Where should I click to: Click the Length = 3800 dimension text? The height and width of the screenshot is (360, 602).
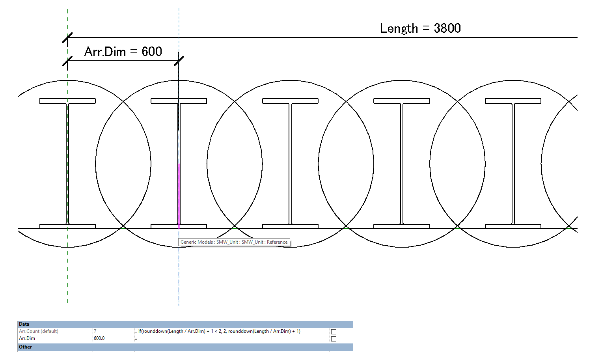pos(420,28)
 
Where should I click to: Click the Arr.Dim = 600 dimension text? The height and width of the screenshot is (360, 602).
pos(123,52)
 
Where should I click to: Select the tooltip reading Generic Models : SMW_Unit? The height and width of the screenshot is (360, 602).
pos(234,242)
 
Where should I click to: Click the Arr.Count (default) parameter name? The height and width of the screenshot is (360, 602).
pos(39,331)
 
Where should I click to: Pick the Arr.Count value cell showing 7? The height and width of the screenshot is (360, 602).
pos(95,331)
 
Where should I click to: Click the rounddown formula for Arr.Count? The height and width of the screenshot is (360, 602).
pos(219,331)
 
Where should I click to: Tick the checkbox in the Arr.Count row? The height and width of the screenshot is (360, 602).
pos(334,332)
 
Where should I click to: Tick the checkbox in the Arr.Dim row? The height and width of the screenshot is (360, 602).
pos(334,339)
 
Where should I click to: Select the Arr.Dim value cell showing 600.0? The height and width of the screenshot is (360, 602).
pos(99,338)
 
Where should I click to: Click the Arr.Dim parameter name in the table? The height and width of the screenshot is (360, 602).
pos(27,338)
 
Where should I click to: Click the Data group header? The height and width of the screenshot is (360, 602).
pos(24,324)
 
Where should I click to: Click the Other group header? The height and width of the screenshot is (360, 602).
pos(26,347)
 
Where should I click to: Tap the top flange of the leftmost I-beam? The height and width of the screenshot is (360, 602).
pos(67,101)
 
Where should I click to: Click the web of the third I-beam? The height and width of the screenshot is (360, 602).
pos(290,164)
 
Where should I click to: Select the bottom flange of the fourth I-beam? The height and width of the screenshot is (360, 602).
pos(401,226)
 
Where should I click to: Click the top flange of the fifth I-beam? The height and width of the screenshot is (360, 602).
pos(513,101)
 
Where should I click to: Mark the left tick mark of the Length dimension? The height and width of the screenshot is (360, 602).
pos(67,38)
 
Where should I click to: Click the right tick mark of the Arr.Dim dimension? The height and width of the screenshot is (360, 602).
pos(179,61)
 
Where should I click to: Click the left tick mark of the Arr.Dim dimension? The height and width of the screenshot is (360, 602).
pos(67,61)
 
